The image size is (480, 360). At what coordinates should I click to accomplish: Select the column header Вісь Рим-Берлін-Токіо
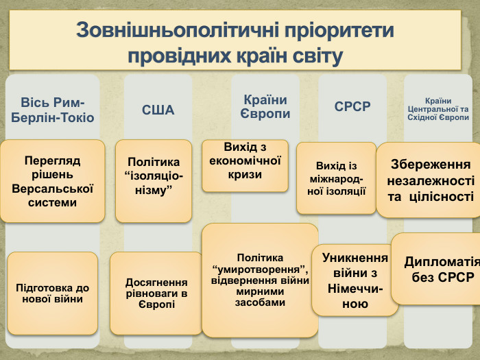(53, 110)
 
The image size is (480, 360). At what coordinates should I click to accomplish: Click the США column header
(158, 110)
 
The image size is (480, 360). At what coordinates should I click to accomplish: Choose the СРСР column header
(352, 106)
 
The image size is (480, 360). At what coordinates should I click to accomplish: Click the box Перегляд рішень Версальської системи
(53, 182)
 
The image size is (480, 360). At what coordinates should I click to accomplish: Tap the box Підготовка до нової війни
(53, 293)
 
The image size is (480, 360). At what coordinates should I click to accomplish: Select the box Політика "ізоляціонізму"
(154, 180)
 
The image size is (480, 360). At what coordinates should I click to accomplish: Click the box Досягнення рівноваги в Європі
(156, 293)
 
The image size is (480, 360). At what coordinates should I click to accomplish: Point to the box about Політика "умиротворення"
(260, 279)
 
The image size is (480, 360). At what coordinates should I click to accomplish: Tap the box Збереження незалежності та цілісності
(430, 180)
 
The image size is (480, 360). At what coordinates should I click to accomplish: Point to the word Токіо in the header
(77, 117)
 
